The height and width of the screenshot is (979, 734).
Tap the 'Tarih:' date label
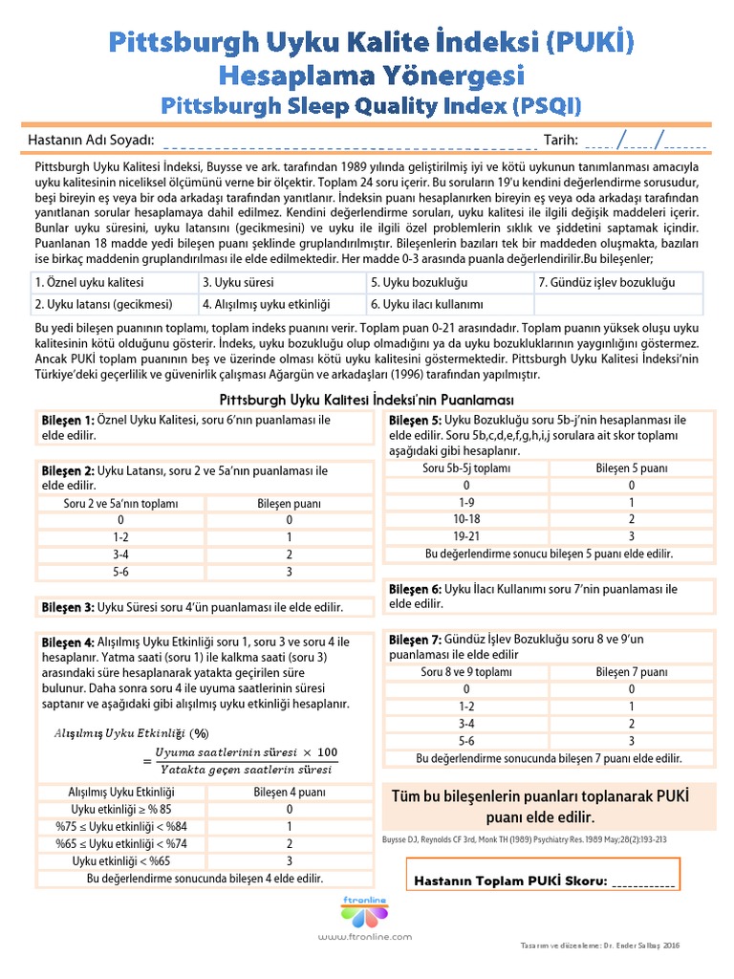[x=561, y=140]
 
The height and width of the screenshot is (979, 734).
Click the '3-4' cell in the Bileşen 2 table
[x=121, y=555]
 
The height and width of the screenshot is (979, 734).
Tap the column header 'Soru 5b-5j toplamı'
[x=466, y=468]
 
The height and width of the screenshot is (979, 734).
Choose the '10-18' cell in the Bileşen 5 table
[x=466, y=519]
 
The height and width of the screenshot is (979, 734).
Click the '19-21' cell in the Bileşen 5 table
[x=466, y=536]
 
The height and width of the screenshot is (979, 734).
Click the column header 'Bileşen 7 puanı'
[x=632, y=672]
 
